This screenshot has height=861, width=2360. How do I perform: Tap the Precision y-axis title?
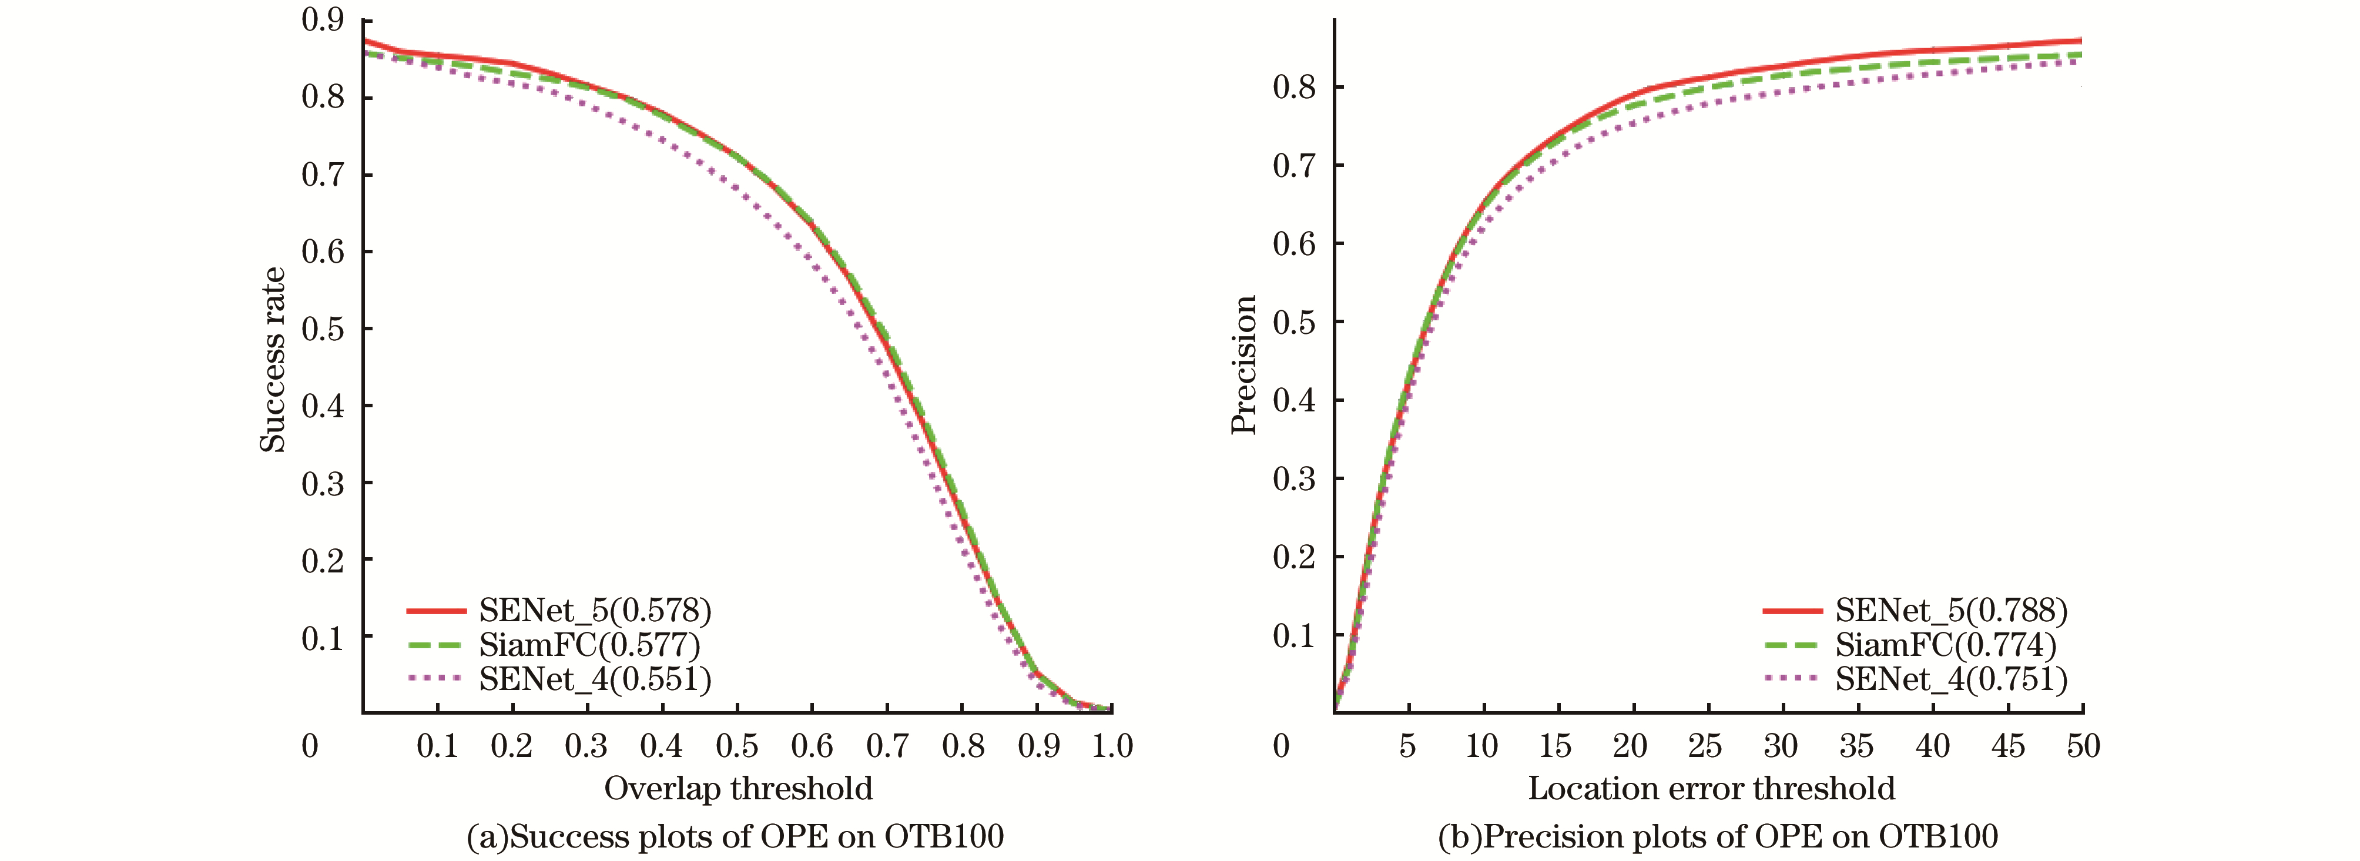[1243, 364]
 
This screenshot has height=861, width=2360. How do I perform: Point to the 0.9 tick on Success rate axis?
[323, 20]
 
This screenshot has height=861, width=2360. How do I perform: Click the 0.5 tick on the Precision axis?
[1293, 323]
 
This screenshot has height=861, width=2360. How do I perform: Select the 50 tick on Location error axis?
[2083, 746]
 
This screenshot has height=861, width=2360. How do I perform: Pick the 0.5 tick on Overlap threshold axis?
[736, 746]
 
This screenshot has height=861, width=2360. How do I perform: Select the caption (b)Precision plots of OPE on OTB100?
[1718, 836]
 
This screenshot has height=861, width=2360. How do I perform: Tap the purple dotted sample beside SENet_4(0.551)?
[436, 679]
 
